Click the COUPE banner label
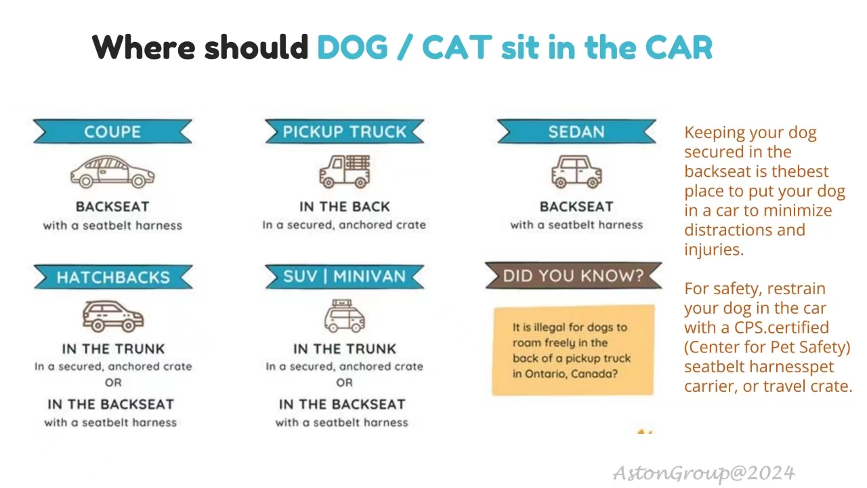point(112,131)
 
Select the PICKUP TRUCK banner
point(344,131)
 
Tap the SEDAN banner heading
point(576,131)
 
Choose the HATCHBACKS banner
point(113,277)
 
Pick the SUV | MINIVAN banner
point(344,277)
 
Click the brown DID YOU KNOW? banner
point(573,275)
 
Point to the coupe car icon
point(112,172)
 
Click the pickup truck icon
point(345,171)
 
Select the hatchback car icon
point(113,316)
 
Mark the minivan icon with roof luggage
point(344,317)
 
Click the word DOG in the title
point(352,47)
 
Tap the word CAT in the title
point(457,47)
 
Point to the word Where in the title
point(144,47)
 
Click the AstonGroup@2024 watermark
point(704,472)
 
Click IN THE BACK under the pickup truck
point(344,206)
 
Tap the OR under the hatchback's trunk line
point(113,382)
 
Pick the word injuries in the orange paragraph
point(713,249)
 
